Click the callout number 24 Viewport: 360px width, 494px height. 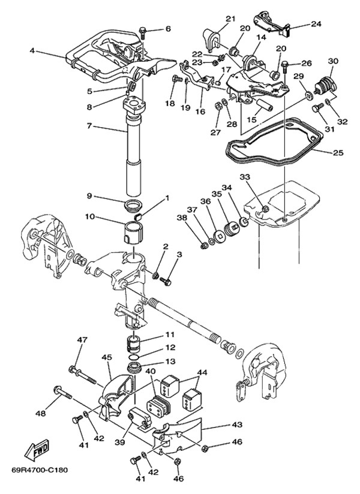click(316, 24)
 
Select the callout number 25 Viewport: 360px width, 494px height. click(338, 153)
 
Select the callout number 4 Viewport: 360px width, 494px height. click(32, 50)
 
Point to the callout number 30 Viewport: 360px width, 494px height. click(333, 61)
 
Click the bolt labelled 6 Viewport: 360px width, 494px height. click(143, 31)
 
